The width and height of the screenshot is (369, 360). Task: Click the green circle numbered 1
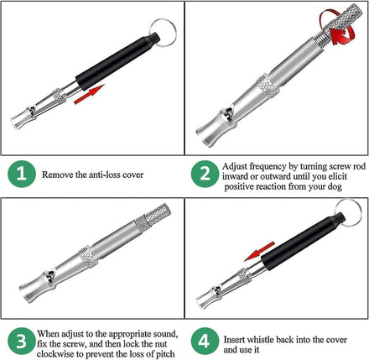click(x=22, y=174)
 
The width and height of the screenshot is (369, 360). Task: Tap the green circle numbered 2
click(x=205, y=174)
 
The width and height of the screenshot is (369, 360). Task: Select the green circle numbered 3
click(x=22, y=342)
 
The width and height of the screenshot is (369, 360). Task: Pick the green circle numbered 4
click(x=205, y=342)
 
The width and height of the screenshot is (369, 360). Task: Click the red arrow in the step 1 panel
click(x=89, y=95)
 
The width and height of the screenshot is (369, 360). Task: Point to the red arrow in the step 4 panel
click(x=259, y=251)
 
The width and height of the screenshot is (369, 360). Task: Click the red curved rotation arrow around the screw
click(x=337, y=28)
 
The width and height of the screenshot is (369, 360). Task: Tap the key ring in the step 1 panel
click(x=164, y=32)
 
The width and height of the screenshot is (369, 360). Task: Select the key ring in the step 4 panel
click(x=348, y=213)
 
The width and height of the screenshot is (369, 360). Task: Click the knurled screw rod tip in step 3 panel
click(x=158, y=213)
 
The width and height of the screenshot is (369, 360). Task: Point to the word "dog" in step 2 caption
click(x=335, y=187)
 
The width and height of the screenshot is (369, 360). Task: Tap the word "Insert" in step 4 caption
click(x=234, y=340)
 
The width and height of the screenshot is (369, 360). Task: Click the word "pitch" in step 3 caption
click(x=164, y=354)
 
